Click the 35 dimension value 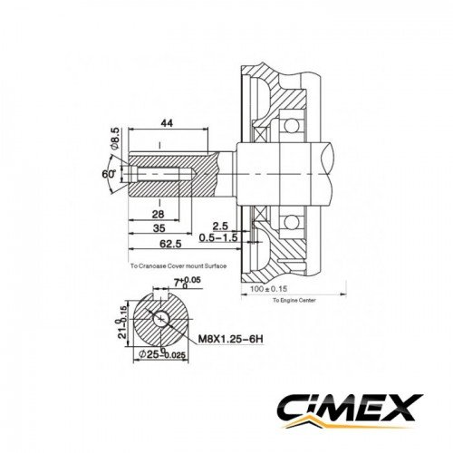(159, 230)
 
